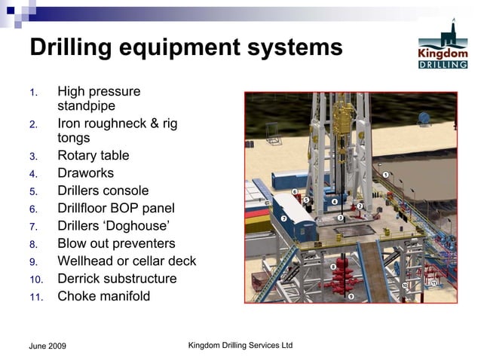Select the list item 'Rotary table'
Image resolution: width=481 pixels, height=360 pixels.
click(93, 156)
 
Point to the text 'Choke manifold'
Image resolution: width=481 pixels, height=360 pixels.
click(103, 296)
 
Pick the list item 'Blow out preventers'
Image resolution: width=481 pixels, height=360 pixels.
click(116, 243)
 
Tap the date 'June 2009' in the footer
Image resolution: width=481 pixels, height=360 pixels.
click(47, 346)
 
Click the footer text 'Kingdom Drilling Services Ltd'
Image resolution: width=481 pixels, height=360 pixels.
click(240, 345)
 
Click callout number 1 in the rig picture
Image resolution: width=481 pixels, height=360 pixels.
click(385, 175)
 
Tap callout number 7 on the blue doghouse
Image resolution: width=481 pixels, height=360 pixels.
click(283, 218)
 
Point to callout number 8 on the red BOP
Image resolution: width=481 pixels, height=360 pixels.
click(332, 267)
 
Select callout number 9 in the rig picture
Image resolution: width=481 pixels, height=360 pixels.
click(351, 296)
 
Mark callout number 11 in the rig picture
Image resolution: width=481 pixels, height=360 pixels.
click(434, 282)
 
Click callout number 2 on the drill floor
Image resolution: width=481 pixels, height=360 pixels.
click(360, 206)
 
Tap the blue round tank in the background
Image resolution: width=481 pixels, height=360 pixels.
click(426, 118)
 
